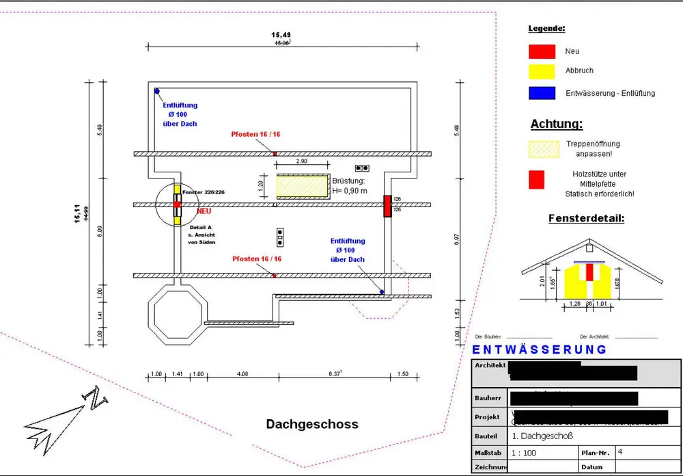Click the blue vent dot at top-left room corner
[156, 91]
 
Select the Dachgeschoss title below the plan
[311, 425]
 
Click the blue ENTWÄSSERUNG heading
[540, 349]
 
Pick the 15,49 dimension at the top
[281, 35]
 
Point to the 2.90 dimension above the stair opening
[301, 161]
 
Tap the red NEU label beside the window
[204, 211]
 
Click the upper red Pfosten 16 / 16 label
[255, 134]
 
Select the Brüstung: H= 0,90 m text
[350, 185]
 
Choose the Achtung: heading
[557, 124]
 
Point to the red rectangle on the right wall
[387, 206]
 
